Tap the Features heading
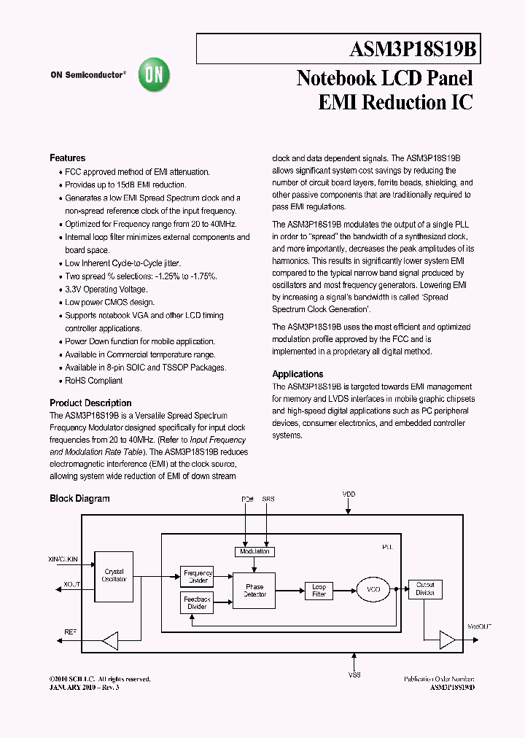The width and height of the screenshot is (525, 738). click(67, 158)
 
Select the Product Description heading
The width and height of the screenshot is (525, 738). click(90, 403)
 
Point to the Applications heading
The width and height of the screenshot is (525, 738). click(297, 374)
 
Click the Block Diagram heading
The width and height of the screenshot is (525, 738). click(79, 499)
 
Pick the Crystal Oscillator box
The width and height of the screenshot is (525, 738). click(114, 576)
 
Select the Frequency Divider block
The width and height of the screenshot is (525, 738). click(196, 577)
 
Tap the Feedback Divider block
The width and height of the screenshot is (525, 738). click(196, 602)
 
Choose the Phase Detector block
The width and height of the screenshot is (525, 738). click(254, 590)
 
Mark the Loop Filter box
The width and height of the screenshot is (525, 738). click(319, 590)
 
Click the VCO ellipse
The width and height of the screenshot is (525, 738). click(373, 590)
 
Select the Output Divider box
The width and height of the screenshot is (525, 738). click(425, 589)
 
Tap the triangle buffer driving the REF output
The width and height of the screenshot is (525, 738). click(109, 641)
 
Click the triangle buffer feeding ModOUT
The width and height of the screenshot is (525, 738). click(446, 640)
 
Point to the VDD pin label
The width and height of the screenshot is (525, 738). click(349, 494)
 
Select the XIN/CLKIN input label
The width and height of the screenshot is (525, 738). click(63, 558)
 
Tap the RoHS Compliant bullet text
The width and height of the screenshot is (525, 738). click(94, 381)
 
